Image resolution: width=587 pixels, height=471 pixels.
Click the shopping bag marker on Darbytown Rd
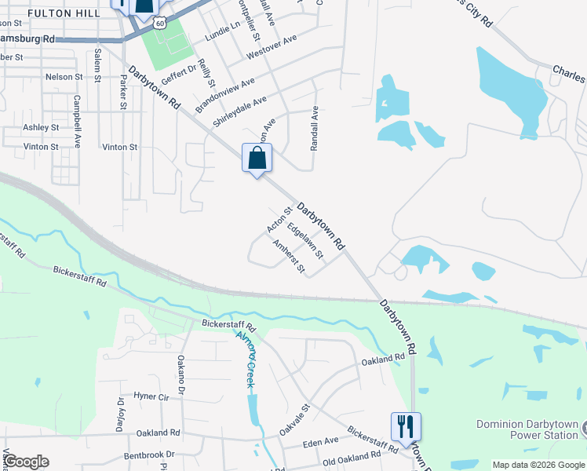257,159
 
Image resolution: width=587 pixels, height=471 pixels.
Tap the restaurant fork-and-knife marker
406,427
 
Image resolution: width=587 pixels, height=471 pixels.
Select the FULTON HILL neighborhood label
63,14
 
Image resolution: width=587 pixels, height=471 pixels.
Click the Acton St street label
279,221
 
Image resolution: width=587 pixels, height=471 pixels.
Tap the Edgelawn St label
305,241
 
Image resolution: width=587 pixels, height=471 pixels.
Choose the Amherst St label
288,257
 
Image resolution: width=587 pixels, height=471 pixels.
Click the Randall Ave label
314,128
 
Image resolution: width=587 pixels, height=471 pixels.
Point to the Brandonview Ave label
225,93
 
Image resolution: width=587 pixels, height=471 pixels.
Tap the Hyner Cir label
151,396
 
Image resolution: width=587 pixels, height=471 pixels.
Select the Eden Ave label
321,443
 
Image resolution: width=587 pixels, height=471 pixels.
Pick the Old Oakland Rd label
351,460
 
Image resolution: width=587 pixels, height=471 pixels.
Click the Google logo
26,462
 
